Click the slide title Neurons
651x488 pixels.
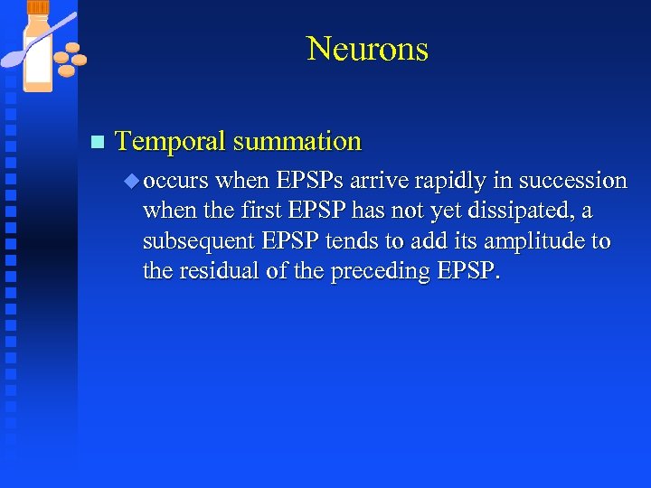367,49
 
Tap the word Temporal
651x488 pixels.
170,142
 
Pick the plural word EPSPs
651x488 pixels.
311,181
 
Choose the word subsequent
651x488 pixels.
197,242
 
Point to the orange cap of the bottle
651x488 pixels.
38,8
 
